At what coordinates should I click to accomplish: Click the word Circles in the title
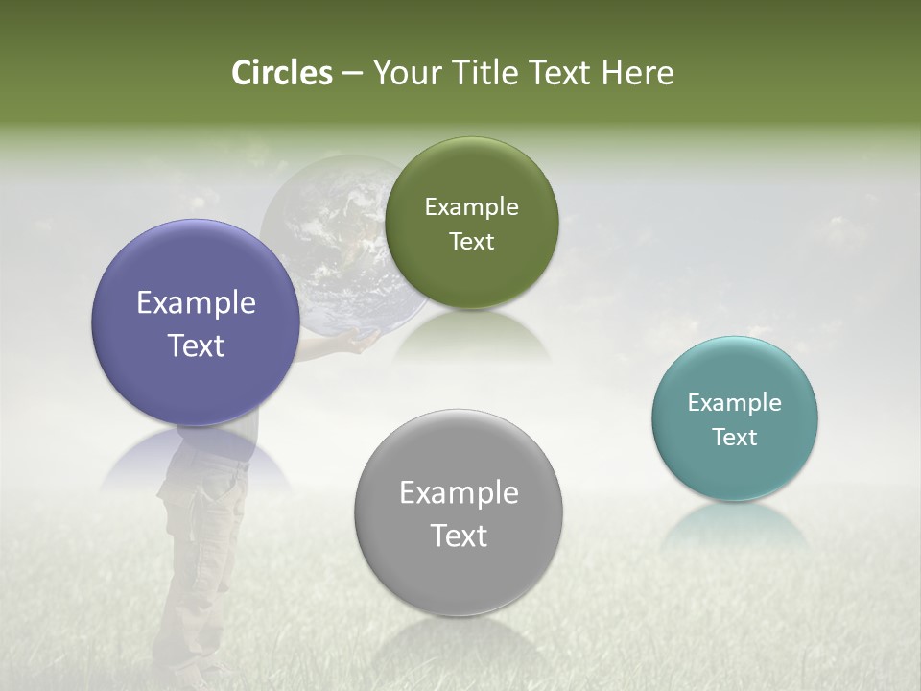tap(281, 73)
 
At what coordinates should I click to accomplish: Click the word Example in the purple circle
tap(196, 303)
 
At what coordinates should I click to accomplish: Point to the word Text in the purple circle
tap(196, 345)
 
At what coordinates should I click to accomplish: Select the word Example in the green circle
tap(471, 207)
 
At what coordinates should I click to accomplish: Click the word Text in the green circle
tap(471, 242)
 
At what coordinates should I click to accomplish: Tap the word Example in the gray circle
tap(459, 493)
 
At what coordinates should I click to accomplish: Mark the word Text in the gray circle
tap(459, 536)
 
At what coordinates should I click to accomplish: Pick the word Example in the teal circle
tap(734, 403)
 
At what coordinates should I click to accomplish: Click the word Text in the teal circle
tap(734, 438)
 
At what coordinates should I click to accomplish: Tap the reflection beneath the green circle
tap(472, 336)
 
